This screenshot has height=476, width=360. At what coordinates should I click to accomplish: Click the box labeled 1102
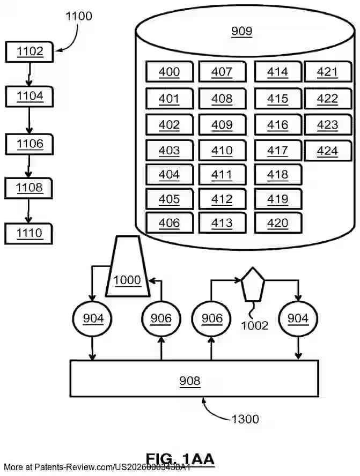pyautogui.click(x=29, y=52)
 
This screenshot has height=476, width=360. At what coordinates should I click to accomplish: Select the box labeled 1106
pyautogui.click(x=29, y=144)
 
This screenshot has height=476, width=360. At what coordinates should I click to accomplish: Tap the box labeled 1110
pyautogui.click(x=29, y=233)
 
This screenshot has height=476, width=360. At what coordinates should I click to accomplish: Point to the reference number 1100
pyautogui.click(x=79, y=16)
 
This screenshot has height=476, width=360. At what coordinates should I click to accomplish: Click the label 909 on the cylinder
pyautogui.click(x=241, y=31)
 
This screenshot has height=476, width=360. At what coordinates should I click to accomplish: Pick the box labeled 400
pyautogui.click(x=169, y=71)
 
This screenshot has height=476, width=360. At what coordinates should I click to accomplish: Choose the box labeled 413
pyautogui.click(x=222, y=223)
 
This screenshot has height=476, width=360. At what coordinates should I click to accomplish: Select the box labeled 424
pyautogui.click(x=327, y=151)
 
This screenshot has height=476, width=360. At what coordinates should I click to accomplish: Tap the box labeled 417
pyautogui.click(x=277, y=151)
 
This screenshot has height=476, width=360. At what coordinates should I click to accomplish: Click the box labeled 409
pyautogui.click(x=222, y=125)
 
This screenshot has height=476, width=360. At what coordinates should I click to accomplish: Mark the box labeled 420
pyautogui.click(x=277, y=223)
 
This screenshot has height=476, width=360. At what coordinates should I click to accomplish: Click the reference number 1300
pyautogui.click(x=245, y=419)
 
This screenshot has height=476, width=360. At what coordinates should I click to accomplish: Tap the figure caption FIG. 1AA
pyautogui.click(x=180, y=459)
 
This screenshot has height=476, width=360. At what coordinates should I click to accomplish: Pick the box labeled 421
pyautogui.click(x=327, y=71)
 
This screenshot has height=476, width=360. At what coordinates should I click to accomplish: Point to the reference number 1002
pyautogui.click(x=254, y=325)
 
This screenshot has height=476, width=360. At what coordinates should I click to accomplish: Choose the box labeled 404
pyautogui.click(x=169, y=175)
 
